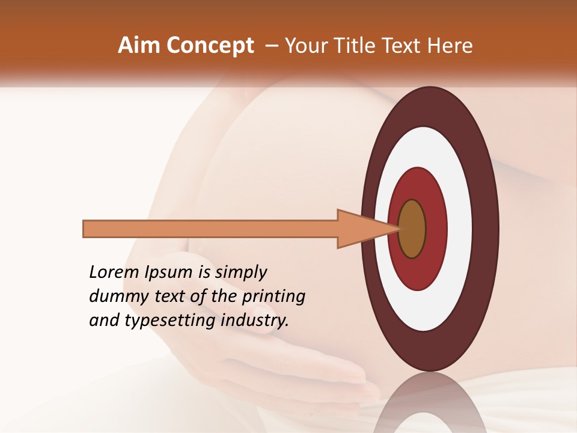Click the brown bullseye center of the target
click(x=412, y=229)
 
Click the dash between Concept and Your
click(x=272, y=46)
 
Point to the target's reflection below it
click(x=429, y=406)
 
